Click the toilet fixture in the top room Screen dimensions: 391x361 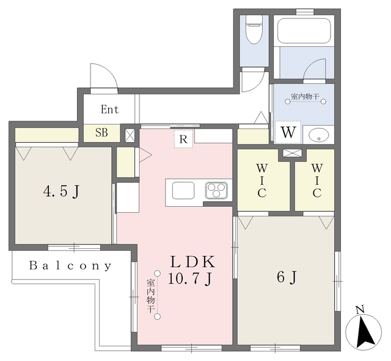click(x=254, y=30)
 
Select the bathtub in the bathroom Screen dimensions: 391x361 click(x=304, y=30)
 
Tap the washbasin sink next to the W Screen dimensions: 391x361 click(x=318, y=135)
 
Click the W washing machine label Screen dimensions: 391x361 click(x=288, y=132)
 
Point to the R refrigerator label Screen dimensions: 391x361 click(x=183, y=139)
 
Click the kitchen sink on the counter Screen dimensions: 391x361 click(x=183, y=190)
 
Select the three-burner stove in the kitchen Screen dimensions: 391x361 click(x=216, y=190)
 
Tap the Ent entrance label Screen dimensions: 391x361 click(x=110, y=109)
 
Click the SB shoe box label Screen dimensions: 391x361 click(x=101, y=133)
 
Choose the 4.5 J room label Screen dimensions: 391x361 click(x=61, y=192)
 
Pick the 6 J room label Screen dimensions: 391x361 click(x=287, y=277)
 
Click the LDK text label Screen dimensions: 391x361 click(x=192, y=262)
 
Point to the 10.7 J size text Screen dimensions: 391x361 click(x=190, y=278)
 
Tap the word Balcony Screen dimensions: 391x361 click(x=70, y=266)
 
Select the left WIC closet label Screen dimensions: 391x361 click(x=262, y=180)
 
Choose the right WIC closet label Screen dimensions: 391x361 click(x=317, y=180)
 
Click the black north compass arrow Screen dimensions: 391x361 click(x=365, y=332)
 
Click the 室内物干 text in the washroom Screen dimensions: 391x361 click(x=305, y=96)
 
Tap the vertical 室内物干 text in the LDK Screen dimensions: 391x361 click(x=150, y=296)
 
